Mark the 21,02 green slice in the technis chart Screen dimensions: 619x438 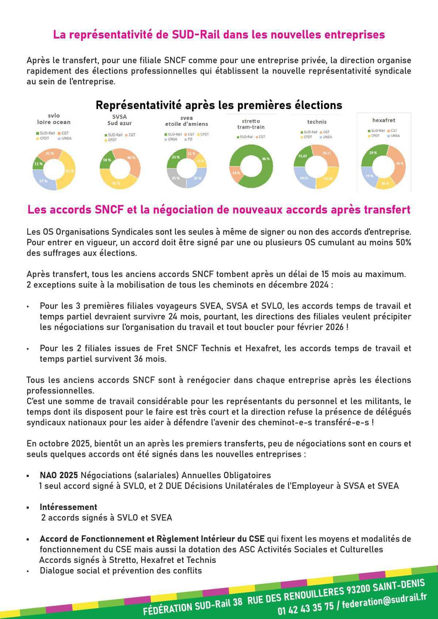coord(302,156)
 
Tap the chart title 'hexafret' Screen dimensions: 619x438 coord(384,120)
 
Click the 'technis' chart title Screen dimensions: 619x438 coord(316,122)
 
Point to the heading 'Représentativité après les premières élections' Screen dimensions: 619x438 coord(219,105)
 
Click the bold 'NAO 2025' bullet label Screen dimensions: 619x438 coord(59,475)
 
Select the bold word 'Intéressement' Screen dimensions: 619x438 coord(68,507)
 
